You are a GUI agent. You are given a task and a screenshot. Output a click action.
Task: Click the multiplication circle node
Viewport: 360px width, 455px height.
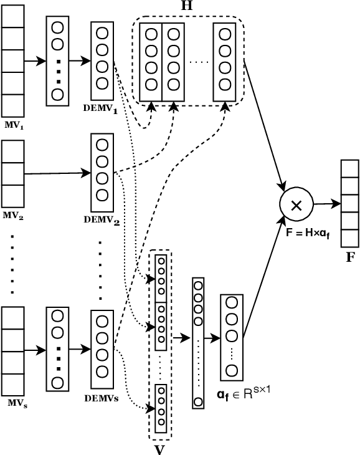tap(296, 205)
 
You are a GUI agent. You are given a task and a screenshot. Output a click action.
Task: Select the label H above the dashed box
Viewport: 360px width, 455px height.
tap(186, 6)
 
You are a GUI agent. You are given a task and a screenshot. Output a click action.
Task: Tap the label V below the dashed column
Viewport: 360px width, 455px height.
tap(159, 448)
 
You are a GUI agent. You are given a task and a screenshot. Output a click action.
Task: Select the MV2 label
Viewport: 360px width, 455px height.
tap(13, 216)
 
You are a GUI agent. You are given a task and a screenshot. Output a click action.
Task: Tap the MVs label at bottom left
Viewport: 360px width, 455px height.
tap(17, 403)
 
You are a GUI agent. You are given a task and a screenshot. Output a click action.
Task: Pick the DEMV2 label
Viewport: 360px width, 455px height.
tap(102, 220)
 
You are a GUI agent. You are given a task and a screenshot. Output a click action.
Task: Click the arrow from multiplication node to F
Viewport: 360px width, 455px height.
tap(327, 203)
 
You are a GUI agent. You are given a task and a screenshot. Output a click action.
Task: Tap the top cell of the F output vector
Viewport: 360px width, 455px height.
tap(350, 170)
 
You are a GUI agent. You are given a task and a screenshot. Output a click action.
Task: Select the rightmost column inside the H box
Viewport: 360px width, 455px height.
tap(224, 62)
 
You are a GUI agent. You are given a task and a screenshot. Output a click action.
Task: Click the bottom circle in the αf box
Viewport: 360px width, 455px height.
tap(232, 371)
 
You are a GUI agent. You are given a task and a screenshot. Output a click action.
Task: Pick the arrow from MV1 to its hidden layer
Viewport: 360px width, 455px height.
tap(35, 62)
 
